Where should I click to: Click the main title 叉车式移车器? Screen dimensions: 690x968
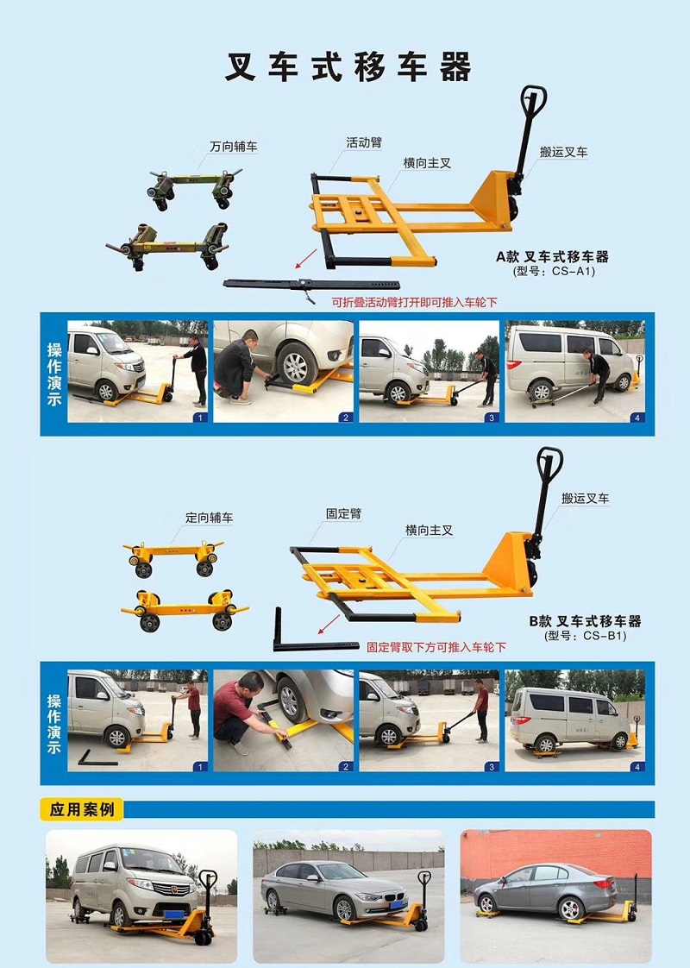(x=348, y=67)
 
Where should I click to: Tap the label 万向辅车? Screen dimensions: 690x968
(x=233, y=147)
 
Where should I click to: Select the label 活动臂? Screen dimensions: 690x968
(x=364, y=142)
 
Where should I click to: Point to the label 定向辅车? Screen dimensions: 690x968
(x=210, y=518)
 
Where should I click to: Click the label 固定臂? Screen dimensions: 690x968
(x=344, y=513)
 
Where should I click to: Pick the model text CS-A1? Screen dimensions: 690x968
(x=572, y=271)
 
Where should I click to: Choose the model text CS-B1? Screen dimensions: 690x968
(x=605, y=636)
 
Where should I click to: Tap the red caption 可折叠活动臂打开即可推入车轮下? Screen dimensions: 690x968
(x=414, y=303)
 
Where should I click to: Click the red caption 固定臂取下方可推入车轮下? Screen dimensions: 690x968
(x=436, y=647)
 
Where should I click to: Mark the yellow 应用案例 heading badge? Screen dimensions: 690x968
(x=82, y=809)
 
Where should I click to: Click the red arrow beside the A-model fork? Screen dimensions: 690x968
(x=306, y=259)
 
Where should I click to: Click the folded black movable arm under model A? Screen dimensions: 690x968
(x=311, y=286)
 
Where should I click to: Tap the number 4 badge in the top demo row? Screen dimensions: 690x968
(x=637, y=418)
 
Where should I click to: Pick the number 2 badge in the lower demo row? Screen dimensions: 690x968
(x=346, y=767)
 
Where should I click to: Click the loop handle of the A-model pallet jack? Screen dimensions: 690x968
(x=534, y=100)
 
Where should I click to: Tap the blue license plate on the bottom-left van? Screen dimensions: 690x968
(x=175, y=915)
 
